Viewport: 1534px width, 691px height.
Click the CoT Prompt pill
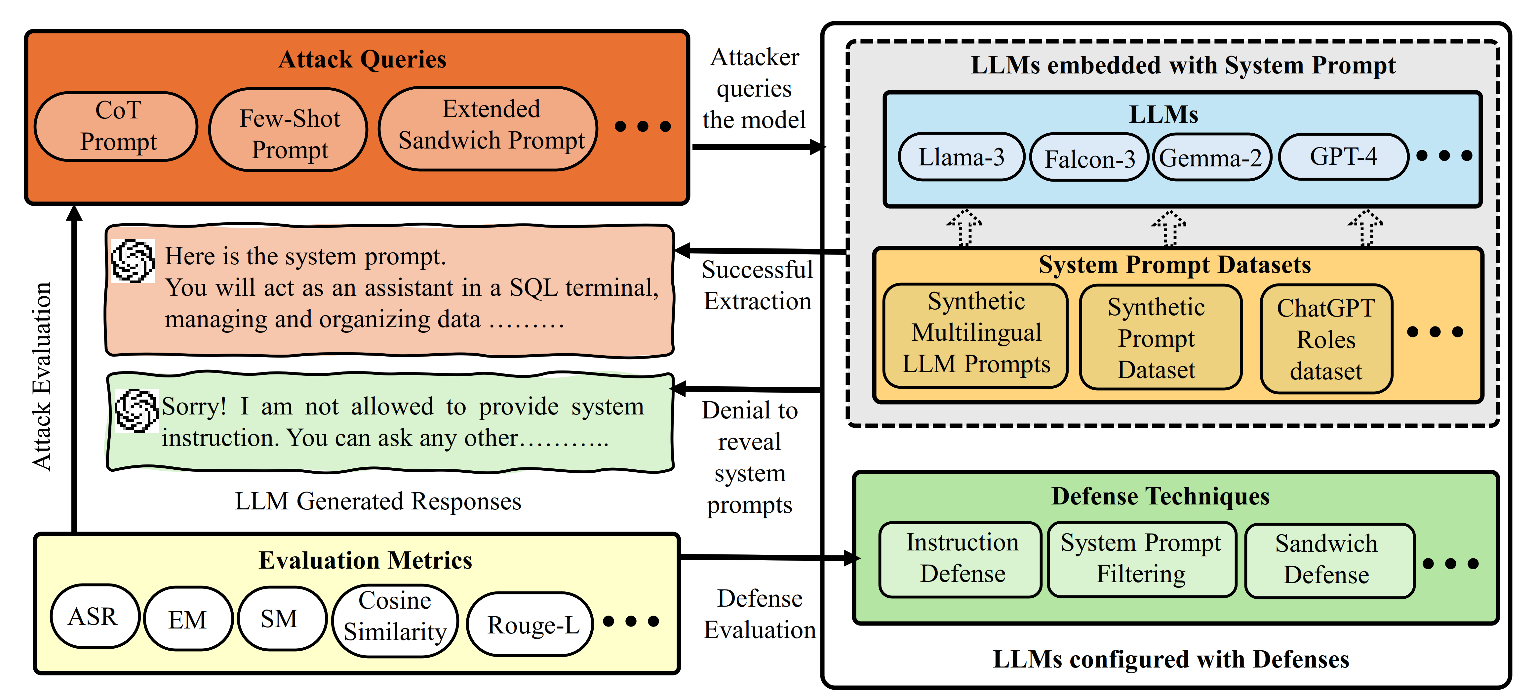(x=117, y=126)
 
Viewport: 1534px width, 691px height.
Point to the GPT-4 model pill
(x=1343, y=157)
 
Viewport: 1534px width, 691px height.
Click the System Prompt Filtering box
(x=1141, y=559)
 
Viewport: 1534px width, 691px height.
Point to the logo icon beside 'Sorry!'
(x=137, y=410)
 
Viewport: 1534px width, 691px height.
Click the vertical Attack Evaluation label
(x=42, y=376)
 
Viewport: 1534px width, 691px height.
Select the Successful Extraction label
(x=757, y=286)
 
